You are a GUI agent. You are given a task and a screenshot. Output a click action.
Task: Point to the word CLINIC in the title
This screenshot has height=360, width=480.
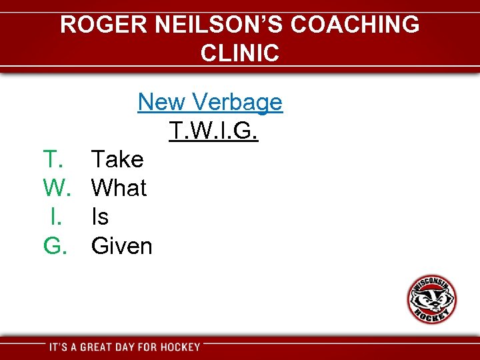pyautogui.click(x=239, y=53)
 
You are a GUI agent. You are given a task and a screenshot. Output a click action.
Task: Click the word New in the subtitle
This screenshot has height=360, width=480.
pyautogui.click(x=161, y=102)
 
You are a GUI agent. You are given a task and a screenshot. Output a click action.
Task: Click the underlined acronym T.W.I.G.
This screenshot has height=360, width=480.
pyautogui.click(x=213, y=131)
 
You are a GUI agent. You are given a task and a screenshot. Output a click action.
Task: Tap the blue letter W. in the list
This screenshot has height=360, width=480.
pyautogui.click(x=57, y=188)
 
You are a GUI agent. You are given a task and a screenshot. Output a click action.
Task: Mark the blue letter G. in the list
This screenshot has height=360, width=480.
pyautogui.click(x=56, y=246)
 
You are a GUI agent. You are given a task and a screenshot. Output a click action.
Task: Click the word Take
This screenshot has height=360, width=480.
pyautogui.click(x=117, y=159)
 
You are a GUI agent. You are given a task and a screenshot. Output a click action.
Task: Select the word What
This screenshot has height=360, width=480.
pyautogui.click(x=119, y=188)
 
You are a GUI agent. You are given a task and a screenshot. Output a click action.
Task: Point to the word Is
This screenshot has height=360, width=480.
pyautogui.click(x=100, y=217)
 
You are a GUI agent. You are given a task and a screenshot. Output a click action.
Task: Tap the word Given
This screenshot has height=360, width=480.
pyautogui.click(x=122, y=246)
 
